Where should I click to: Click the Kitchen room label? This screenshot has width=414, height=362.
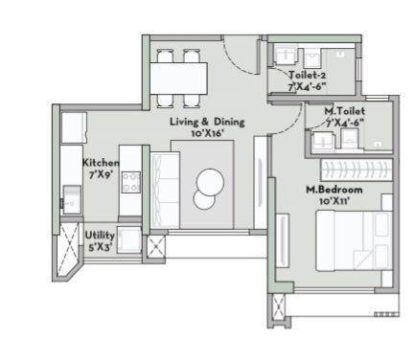coord(101,163)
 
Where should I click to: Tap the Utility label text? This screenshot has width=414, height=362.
coord(101,234)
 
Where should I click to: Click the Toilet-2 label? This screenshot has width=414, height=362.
coord(309,75)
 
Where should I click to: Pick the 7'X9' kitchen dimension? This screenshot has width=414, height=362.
coord(101,175)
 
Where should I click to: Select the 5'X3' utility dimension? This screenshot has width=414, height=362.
coord(101,246)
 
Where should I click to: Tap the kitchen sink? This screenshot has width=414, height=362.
coord(71,201)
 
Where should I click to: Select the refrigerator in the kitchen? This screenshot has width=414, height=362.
coord(74,127)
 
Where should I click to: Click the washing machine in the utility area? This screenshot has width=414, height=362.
coord(129,243)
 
